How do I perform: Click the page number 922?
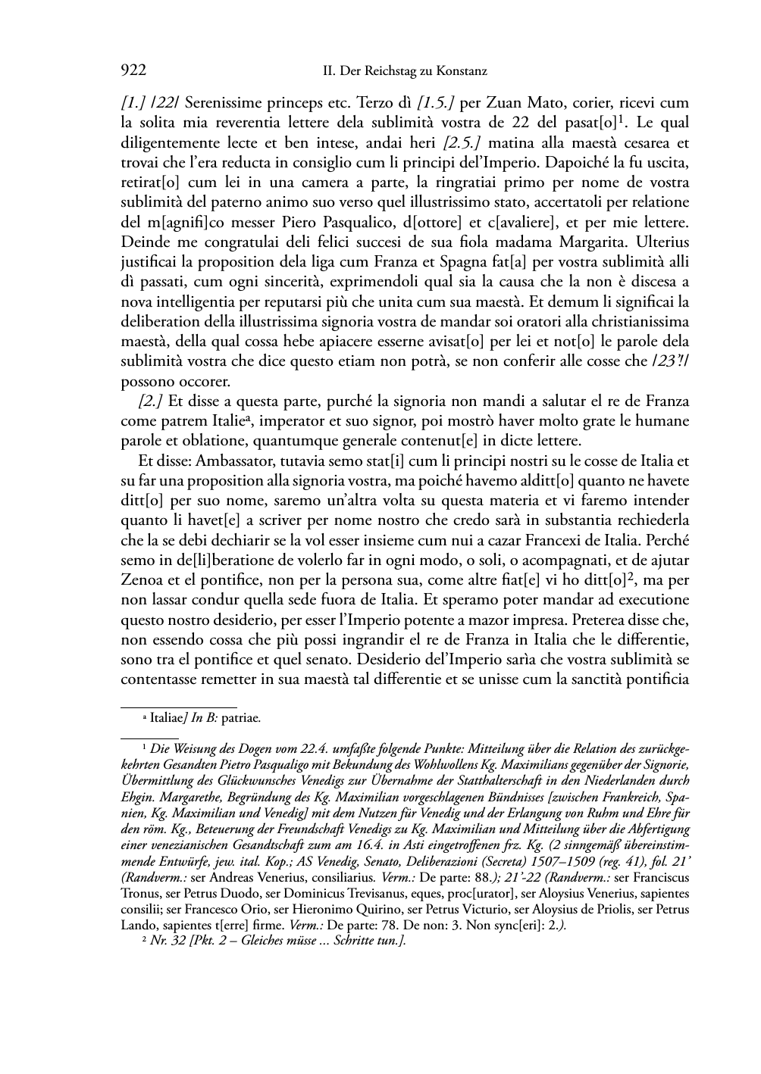click(133, 71)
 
